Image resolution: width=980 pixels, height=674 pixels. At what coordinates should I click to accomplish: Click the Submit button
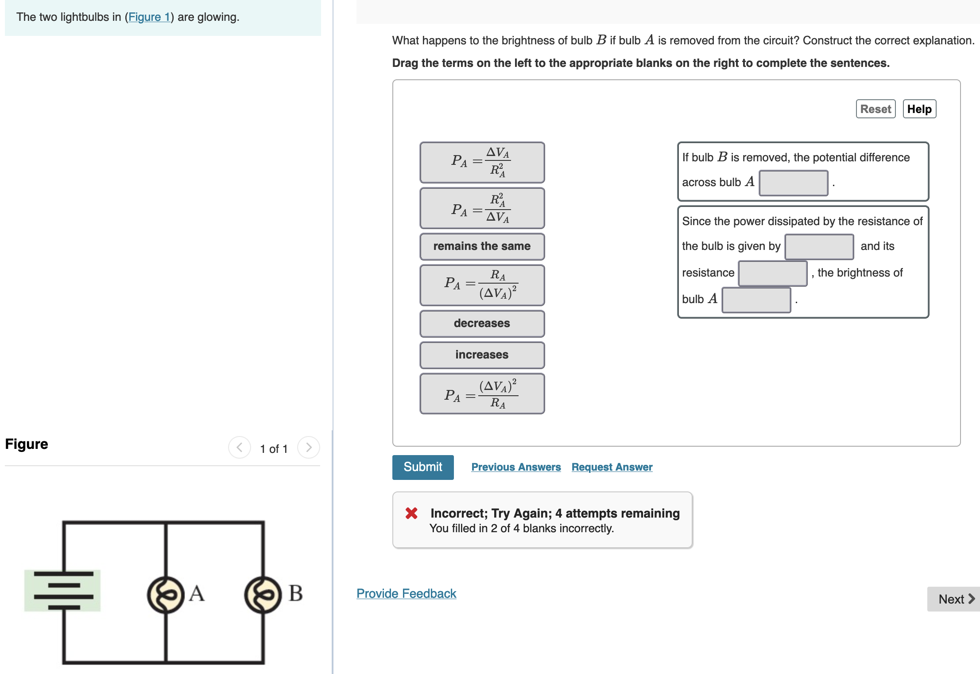[x=422, y=467]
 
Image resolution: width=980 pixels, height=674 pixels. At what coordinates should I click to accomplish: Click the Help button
[x=919, y=109]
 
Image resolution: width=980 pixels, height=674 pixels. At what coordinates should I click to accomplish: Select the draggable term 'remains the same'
[x=482, y=246]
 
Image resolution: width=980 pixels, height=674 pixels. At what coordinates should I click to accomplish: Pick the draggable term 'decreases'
[x=482, y=323]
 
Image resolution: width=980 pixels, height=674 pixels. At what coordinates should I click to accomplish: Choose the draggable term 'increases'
[x=482, y=355]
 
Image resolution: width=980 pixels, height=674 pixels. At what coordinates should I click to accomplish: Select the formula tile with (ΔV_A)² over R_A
[x=482, y=393]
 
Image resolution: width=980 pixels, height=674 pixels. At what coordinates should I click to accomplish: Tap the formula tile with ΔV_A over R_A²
[x=482, y=162]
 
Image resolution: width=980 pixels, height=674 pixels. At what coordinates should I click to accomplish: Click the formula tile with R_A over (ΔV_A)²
[x=482, y=285]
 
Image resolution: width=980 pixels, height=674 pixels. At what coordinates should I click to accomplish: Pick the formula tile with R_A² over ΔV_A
[x=482, y=208]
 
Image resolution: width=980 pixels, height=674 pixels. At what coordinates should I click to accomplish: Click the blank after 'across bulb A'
[x=793, y=183]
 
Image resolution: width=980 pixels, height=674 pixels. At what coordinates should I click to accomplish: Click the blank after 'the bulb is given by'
[x=819, y=247]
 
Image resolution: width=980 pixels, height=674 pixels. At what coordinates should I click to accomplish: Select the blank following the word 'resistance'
[x=772, y=273]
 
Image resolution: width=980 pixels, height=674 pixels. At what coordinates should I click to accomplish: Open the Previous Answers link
[x=515, y=467]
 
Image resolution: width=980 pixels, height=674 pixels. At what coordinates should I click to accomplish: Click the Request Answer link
[x=612, y=467]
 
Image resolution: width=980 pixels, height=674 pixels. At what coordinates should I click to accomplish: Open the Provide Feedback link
[x=406, y=593]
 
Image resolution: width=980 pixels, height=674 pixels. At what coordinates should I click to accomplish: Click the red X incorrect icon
[x=411, y=513]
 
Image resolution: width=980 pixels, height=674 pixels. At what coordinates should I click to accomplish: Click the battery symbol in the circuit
[x=63, y=590]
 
